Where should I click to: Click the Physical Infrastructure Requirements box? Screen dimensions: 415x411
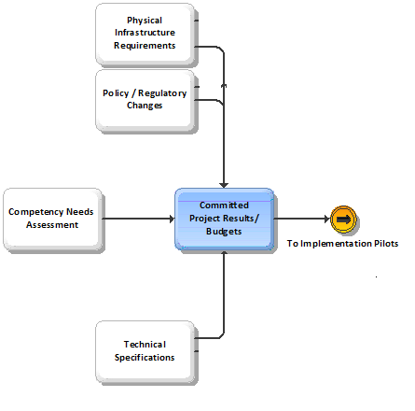pyautogui.click(x=145, y=34)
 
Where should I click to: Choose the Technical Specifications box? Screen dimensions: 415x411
pyautogui.click(x=145, y=352)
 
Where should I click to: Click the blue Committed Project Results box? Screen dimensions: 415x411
pyautogui.click(x=224, y=219)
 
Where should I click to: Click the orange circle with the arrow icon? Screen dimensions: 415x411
pyautogui.click(x=343, y=220)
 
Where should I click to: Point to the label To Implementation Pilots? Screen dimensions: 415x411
pyautogui.click(x=342, y=244)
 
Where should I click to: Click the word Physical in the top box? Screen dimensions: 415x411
pyautogui.click(x=145, y=21)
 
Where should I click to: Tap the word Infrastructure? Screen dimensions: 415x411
pyautogui.click(x=145, y=33)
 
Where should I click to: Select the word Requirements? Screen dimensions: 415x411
pyautogui.click(x=145, y=46)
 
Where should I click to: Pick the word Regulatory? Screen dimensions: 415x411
pyautogui.click(x=162, y=93)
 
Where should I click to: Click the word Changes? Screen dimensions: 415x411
pyautogui.click(x=145, y=106)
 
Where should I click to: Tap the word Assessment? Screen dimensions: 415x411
pyautogui.click(x=52, y=225)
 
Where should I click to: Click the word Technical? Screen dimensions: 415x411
pyautogui.click(x=145, y=345)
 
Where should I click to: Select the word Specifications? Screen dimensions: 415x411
pyautogui.click(x=145, y=358)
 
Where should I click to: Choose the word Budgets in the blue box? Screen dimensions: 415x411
pyautogui.click(x=224, y=232)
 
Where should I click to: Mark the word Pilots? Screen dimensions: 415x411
pyautogui.click(x=386, y=244)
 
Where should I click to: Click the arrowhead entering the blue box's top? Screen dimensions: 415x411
pyautogui.click(x=224, y=186)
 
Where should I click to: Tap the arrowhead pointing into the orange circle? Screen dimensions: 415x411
pyautogui.click(x=327, y=219)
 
